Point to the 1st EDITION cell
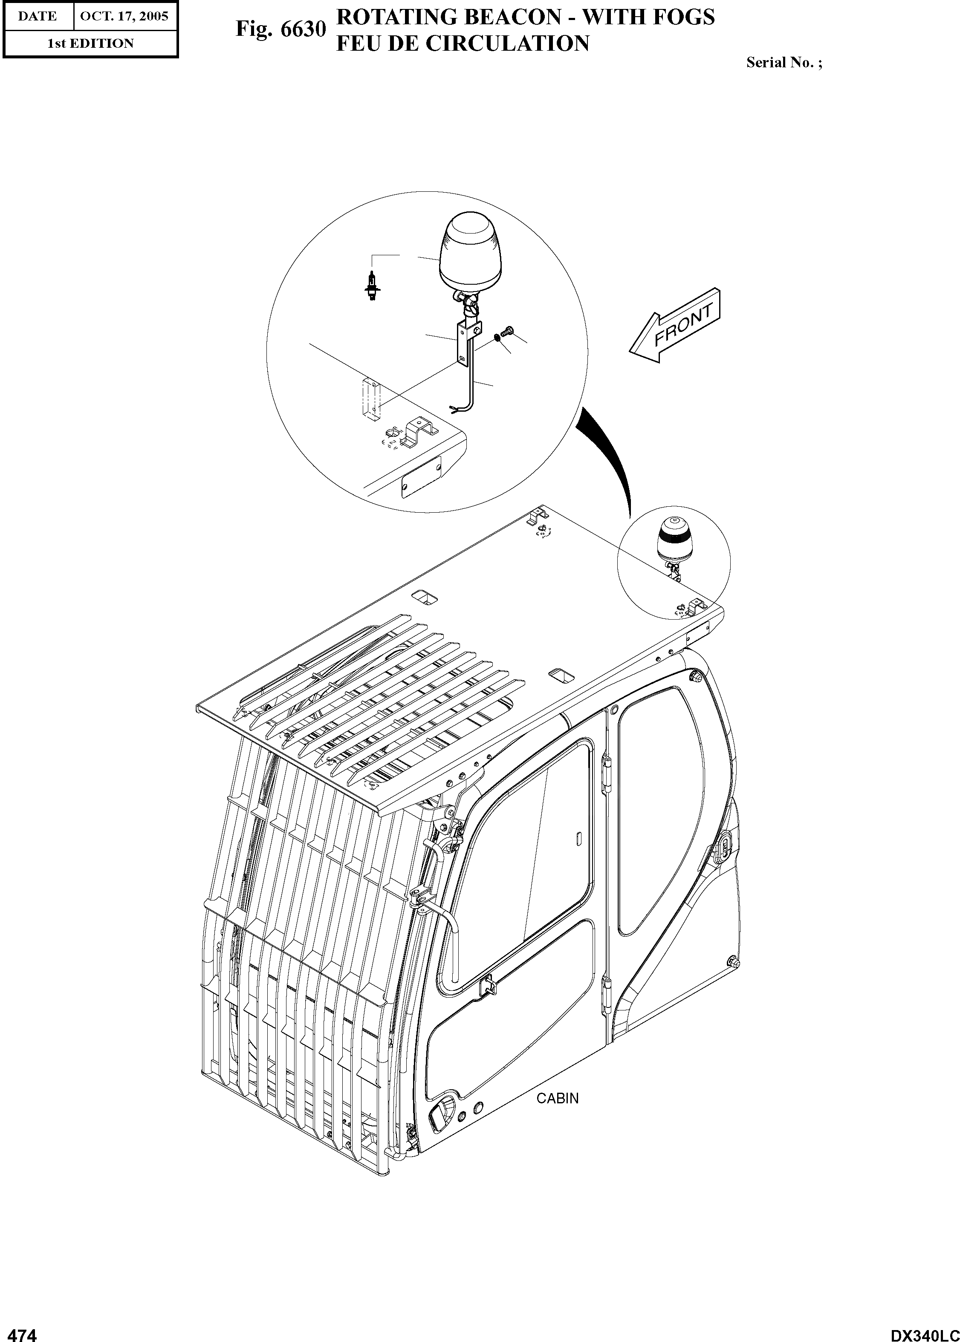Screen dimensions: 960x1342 tap(90, 43)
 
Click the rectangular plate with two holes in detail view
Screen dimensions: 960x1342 tap(421, 477)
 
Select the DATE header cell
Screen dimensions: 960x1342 tap(37, 16)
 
